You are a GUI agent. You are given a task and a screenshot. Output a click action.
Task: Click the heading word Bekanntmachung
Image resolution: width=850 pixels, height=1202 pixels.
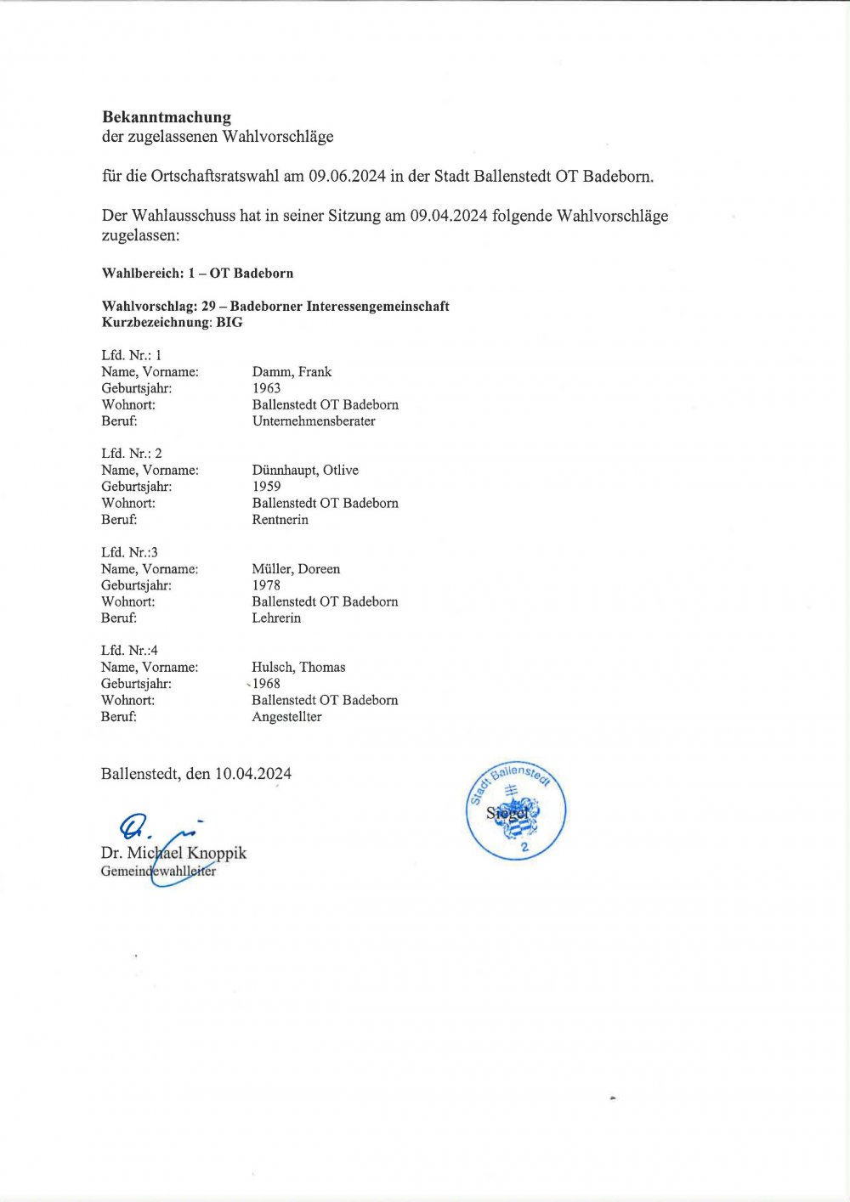167,117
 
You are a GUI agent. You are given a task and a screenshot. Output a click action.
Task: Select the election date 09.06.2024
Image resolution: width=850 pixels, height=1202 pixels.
347,177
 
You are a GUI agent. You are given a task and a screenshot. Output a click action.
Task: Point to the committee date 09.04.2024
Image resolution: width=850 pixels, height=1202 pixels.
449,216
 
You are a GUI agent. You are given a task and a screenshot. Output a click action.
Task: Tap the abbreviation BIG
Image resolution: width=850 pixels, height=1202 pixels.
229,323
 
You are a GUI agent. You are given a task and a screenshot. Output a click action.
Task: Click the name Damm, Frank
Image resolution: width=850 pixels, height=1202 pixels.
292,372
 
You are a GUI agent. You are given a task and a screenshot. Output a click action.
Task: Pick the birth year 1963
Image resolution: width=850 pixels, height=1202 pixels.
266,388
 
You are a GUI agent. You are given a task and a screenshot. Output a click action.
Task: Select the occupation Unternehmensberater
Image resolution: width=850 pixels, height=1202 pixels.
314,421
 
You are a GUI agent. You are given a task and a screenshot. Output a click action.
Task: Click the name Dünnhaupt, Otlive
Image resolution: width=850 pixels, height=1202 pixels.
305,471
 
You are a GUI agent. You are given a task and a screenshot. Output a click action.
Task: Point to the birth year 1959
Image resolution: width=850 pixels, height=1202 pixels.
266,487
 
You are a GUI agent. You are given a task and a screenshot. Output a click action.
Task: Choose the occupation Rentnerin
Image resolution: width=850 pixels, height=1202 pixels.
280,520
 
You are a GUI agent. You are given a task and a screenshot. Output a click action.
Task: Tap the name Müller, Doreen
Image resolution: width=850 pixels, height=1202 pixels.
296,569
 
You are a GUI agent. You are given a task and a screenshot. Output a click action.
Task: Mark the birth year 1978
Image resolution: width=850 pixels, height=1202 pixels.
266,585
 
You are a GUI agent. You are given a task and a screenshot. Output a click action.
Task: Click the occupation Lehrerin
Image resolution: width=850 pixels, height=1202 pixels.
276,618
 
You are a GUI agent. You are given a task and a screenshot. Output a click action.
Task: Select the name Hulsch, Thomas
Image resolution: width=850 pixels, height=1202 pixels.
298,668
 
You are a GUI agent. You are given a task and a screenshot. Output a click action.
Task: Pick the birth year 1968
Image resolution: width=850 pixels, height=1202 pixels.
266,684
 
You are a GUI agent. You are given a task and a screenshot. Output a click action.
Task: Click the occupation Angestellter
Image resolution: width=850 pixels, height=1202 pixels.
286,717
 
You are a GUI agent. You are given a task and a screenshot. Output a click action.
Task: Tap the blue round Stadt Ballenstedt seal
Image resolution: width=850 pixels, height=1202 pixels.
516,810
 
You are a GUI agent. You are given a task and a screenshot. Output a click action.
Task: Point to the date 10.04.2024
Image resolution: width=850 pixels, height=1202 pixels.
253,774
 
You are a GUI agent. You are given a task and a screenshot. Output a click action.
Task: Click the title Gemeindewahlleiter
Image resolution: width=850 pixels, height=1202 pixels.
158,872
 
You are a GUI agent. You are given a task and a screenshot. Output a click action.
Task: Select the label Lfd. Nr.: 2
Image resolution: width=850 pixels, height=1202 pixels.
132,454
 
